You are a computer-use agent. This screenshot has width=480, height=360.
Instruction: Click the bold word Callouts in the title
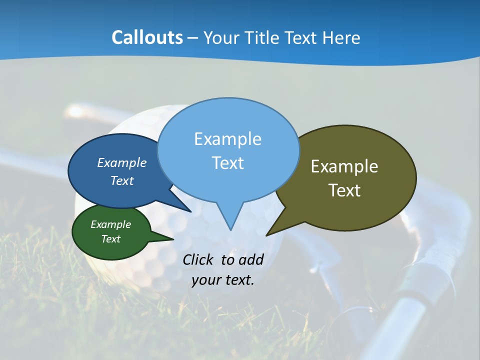point(147,37)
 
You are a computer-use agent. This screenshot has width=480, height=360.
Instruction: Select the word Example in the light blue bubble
point(227,138)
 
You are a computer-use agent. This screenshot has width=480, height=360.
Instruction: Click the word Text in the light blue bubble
point(227,162)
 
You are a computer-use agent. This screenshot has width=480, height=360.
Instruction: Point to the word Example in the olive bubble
point(344,166)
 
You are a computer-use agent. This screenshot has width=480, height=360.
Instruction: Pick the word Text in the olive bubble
point(344,190)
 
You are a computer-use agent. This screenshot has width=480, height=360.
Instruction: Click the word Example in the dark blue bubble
point(121,162)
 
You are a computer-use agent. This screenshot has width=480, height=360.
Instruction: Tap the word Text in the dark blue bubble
point(121,180)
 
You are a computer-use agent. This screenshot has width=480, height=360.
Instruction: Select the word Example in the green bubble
point(110,224)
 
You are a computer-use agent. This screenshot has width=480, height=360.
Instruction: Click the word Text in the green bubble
point(110,239)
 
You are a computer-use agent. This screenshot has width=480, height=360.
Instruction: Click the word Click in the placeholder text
point(198,259)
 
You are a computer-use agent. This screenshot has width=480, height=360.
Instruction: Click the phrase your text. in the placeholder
point(223,280)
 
